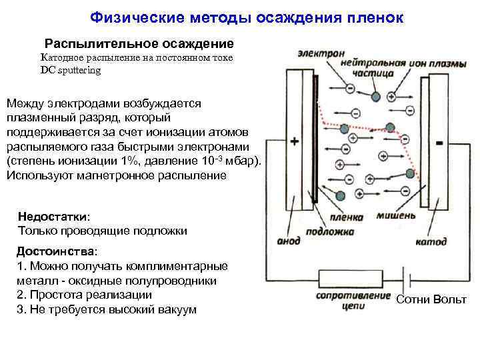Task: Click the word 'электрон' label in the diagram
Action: (322, 53)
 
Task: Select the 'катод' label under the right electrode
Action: (431, 241)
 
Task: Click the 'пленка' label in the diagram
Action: (348, 217)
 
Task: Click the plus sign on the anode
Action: (295, 142)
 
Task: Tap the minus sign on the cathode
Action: (439, 143)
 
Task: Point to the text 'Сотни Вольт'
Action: (431, 299)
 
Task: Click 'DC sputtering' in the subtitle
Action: (71, 70)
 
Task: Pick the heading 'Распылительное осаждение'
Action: (139, 44)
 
